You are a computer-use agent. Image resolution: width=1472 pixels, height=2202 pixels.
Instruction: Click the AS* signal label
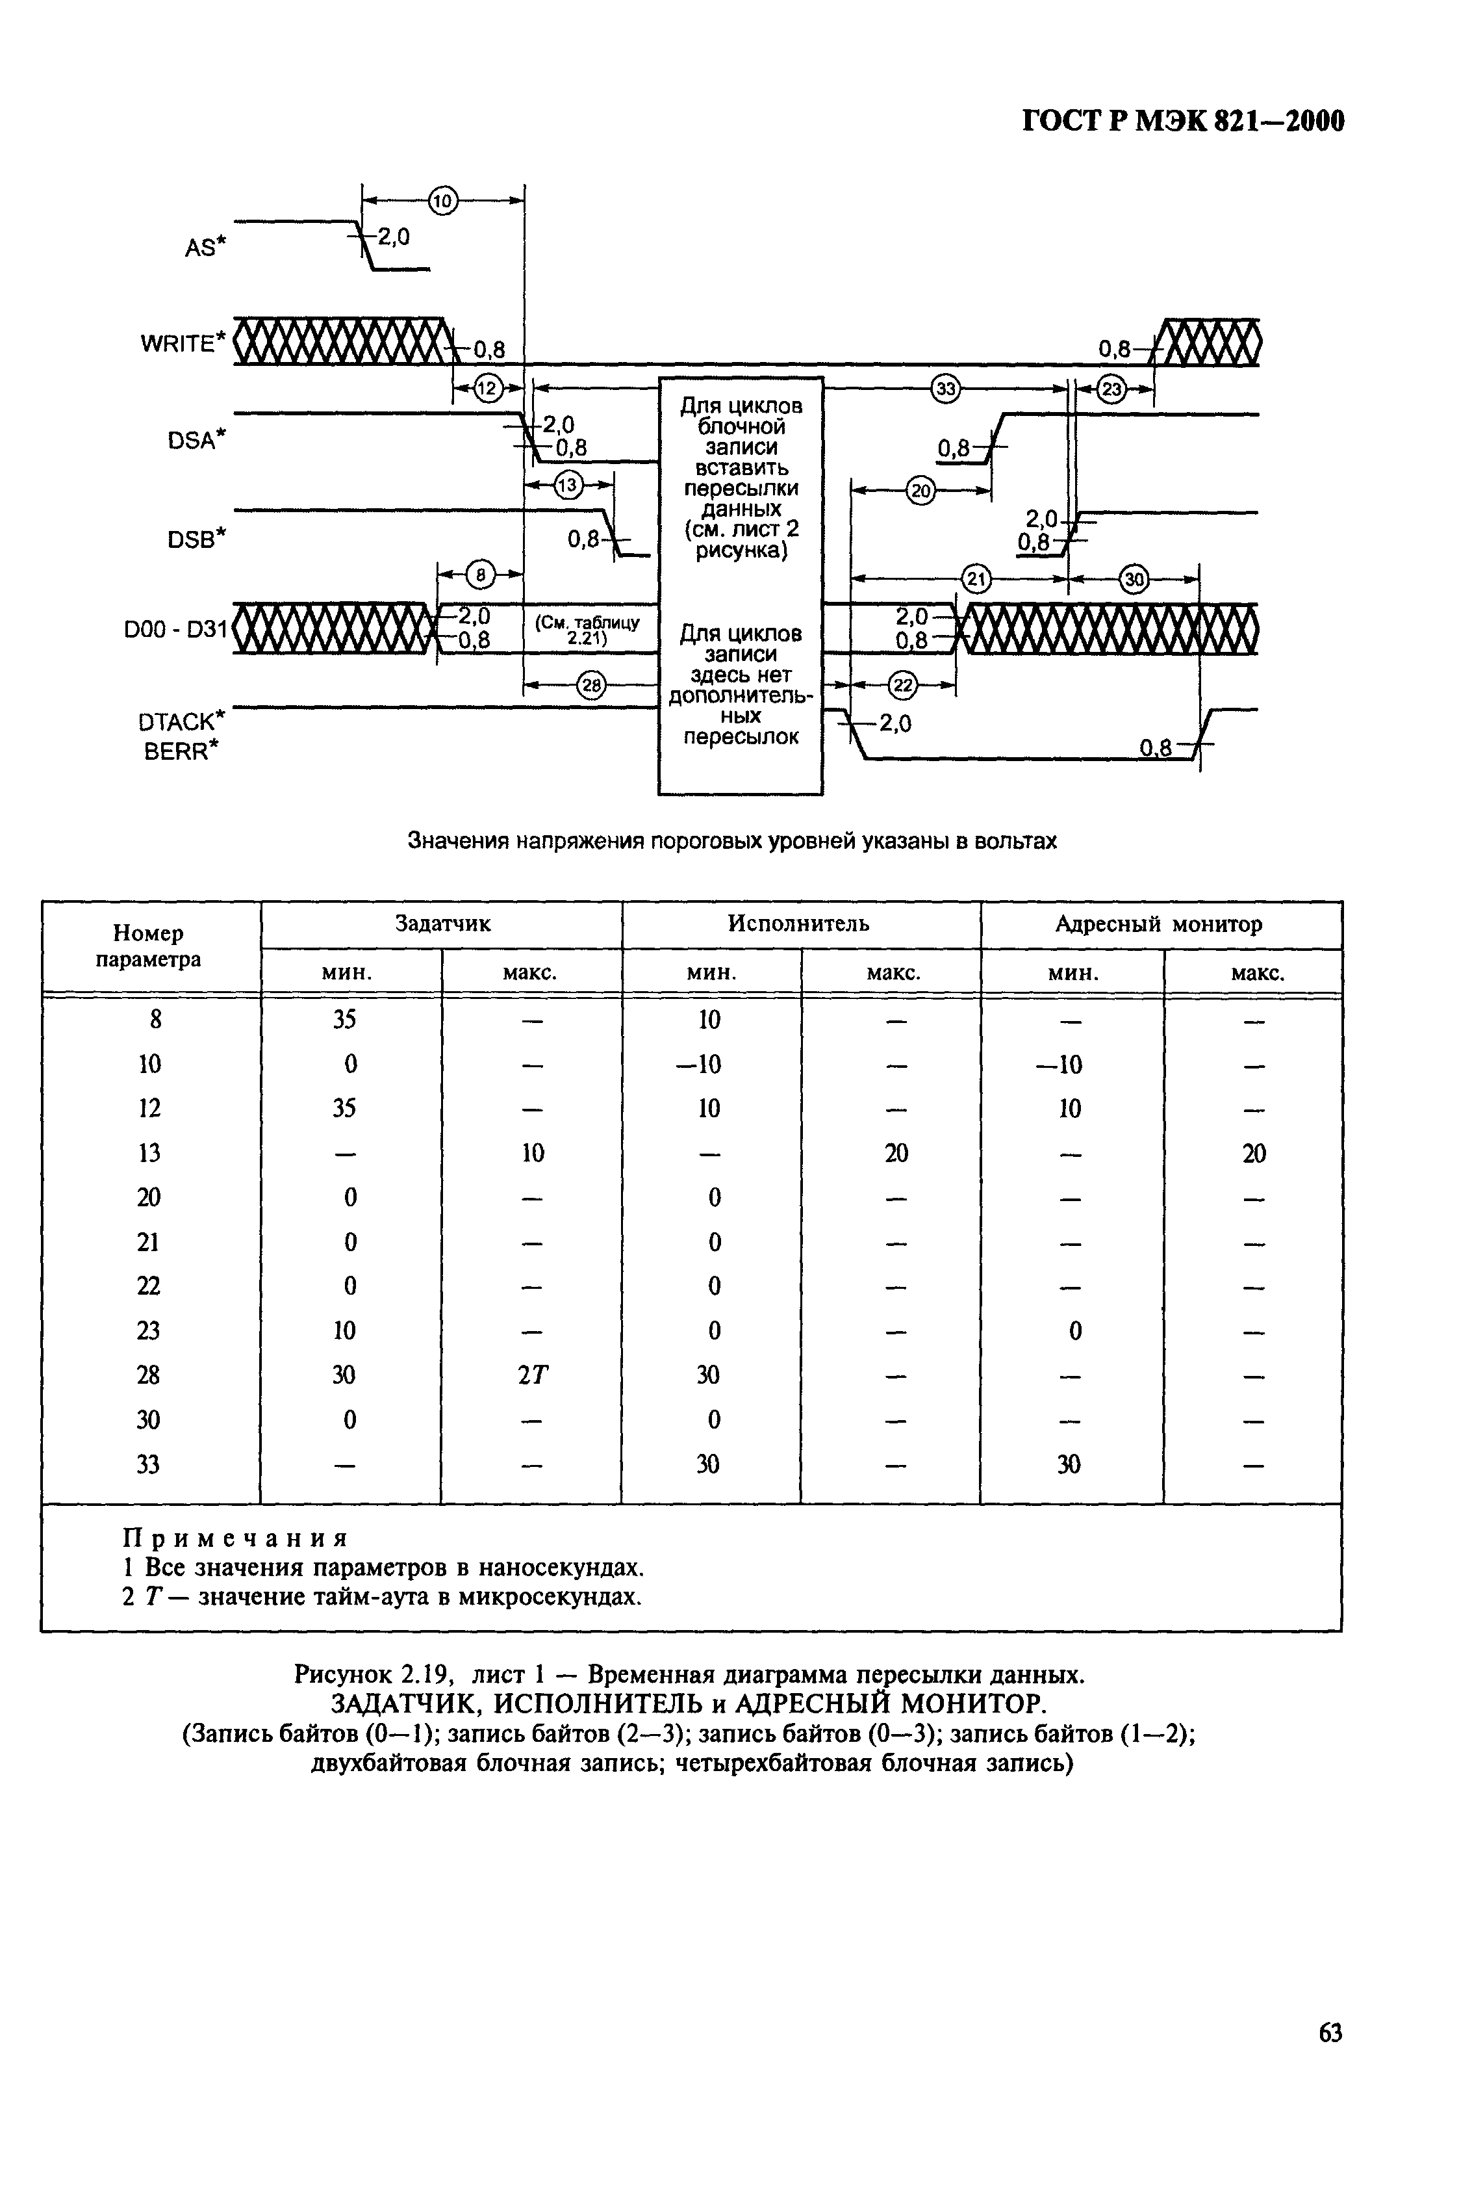(x=205, y=248)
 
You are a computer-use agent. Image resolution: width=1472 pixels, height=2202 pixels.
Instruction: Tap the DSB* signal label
(x=197, y=539)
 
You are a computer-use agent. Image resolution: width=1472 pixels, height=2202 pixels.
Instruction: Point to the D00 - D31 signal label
(x=175, y=630)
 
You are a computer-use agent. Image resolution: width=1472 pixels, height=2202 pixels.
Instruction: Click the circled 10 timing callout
(x=442, y=200)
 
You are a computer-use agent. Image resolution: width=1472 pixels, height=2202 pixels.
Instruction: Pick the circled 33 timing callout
(x=945, y=389)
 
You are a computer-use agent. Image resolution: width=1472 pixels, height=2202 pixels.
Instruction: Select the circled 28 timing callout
(x=591, y=686)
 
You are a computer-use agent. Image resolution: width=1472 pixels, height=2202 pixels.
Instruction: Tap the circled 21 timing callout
(x=976, y=579)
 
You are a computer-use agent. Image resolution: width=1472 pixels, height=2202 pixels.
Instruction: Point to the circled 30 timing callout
(x=1135, y=579)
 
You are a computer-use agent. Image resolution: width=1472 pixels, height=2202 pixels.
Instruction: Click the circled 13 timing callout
(x=568, y=485)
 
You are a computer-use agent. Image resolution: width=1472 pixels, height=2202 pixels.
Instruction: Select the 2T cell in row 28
(x=532, y=1375)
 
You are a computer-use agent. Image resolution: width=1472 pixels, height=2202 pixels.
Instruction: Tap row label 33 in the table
(x=148, y=1464)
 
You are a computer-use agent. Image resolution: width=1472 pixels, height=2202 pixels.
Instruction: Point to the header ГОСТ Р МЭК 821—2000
(x=1183, y=121)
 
